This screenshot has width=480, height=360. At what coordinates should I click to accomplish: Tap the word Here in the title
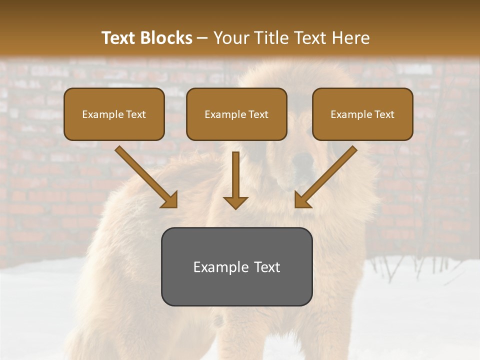point(351,38)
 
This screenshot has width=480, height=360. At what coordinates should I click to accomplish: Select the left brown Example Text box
point(114,114)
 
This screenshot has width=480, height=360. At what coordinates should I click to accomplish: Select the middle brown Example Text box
point(236,114)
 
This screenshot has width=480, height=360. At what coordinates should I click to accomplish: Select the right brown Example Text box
point(362,114)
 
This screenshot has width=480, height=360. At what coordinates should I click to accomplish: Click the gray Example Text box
point(236,266)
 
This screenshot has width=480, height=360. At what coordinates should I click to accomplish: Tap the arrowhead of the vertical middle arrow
point(235,202)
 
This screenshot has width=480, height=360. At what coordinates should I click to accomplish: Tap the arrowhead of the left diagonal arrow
point(169,200)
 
